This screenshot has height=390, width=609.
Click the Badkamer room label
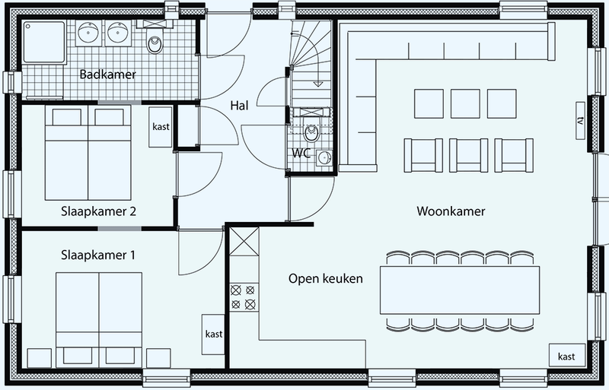(107, 74)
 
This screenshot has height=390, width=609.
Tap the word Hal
(239, 106)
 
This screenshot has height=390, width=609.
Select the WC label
(301, 154)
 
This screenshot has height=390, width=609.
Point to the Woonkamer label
(451, 211)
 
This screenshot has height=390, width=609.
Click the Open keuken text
(326, 279)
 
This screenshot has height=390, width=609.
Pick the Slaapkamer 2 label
(99, 211)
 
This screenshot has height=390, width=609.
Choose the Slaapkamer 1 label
(98, 255)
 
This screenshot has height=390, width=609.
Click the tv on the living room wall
(581, 120)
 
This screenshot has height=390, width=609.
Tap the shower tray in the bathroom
(44, 42)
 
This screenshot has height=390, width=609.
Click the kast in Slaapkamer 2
(161, 127)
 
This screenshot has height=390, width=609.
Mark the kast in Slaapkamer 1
(214, 334)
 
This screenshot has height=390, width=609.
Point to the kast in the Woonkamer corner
(566, 355)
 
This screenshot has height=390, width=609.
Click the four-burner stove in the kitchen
(243, 297)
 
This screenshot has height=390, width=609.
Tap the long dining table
(460, 290)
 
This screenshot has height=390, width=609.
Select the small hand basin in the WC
(324, 158)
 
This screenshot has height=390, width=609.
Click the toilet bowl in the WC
(311, 133)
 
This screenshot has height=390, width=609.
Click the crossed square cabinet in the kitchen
(244, 242)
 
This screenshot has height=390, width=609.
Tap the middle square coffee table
(465, 103)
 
